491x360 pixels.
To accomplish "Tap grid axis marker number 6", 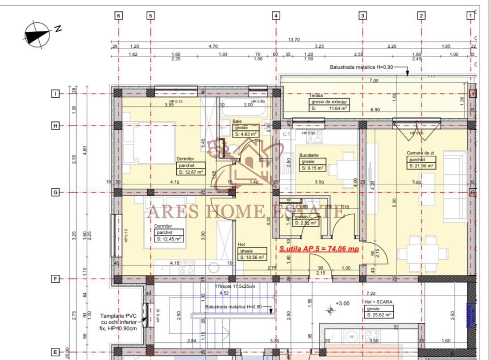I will tap(118, 16).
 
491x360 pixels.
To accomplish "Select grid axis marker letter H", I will tap(55, 126).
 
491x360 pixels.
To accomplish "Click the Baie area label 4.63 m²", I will tap(245, 133).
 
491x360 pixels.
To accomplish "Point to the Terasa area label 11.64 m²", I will tap(329, 108).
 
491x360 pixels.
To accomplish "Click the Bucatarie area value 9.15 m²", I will tap(312, 168).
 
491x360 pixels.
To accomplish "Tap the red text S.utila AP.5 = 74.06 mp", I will tap(319, 249).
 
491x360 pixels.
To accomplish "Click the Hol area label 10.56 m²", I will tap(252, 257).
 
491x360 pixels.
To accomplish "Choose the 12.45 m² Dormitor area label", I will tap(169, 239).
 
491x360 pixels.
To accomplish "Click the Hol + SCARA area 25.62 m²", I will tap(379, 314).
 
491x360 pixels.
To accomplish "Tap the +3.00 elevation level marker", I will tap(342, 303).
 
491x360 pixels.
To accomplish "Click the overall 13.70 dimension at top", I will tap(294, 40).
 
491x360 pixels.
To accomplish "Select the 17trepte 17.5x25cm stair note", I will tap(234, 286).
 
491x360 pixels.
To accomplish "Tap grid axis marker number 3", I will tap(362, 16).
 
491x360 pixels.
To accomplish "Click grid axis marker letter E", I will tap(55, 352).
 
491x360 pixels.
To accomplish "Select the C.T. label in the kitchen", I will tap(287, 133).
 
